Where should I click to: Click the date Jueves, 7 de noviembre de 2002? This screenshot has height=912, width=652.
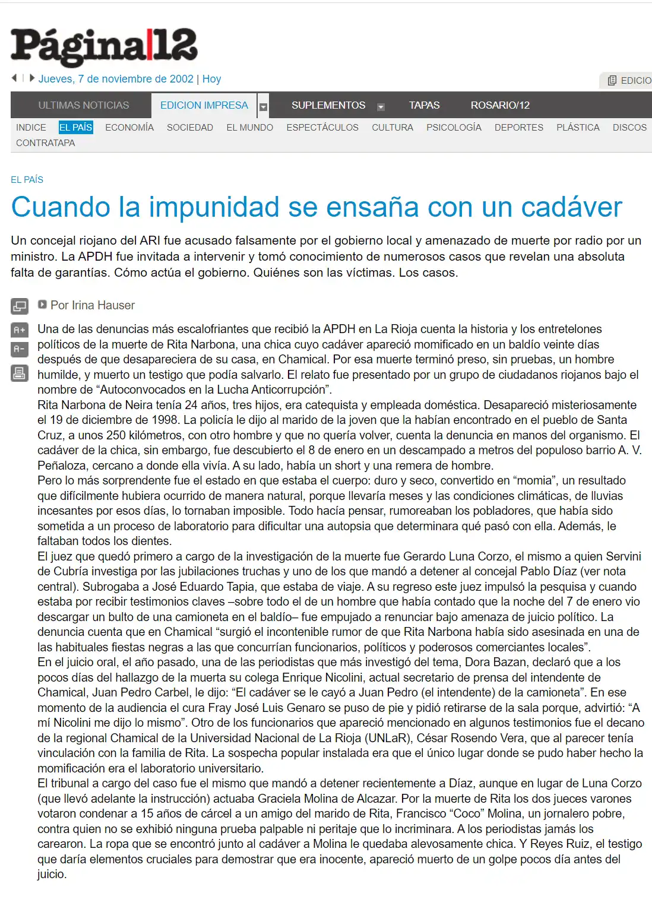116,79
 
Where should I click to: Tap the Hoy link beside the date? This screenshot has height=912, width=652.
211,79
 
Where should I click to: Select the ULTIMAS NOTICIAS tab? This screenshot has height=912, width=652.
84,105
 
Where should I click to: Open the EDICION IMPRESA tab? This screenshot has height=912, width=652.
204,105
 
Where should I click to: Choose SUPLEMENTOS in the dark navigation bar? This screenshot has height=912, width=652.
328,105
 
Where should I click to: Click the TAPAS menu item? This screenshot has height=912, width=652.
424,105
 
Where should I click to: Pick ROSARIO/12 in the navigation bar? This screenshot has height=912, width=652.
500,105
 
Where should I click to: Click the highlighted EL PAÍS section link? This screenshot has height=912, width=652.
75,127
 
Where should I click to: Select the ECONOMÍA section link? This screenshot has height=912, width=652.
129,127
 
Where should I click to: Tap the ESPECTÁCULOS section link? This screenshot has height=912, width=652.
322,127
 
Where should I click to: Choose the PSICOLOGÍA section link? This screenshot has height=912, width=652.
454,127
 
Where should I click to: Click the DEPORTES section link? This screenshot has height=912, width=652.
519,127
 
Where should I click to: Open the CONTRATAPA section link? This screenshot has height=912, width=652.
45,143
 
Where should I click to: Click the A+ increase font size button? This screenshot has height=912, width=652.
20,330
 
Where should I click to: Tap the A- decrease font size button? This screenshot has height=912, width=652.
20,349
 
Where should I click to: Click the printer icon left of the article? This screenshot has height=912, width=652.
20,373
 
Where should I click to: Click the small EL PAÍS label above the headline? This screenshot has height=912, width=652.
27,179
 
